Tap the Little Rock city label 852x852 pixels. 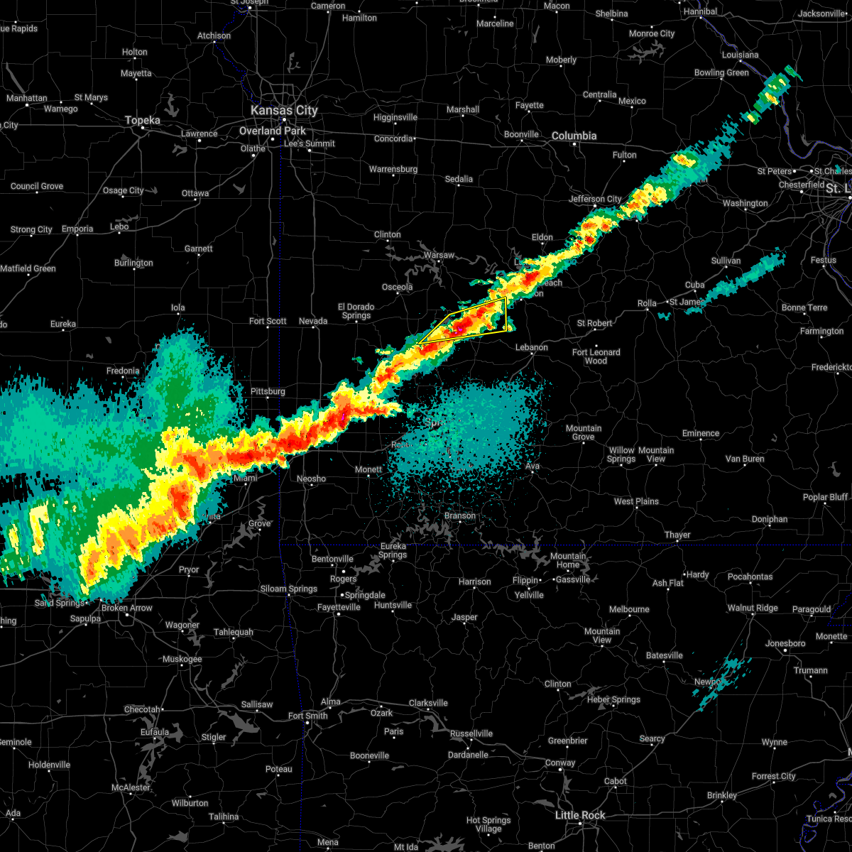pos(579,815)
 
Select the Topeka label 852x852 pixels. pos(142,121)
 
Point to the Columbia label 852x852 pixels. pos(574,136)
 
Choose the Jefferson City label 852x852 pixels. pos(595,199)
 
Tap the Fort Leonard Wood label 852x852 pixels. pos(596,356)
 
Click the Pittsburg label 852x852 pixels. pos(268,391)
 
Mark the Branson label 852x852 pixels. pos(459,516)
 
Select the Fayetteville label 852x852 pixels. pos(339,607)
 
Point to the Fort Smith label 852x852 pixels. pos(307,716)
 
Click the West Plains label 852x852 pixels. pos(636,501)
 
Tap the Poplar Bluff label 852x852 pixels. pos(825,497)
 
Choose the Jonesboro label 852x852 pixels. pos(785,643)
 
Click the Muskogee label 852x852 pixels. pos(182,660)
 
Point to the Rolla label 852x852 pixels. pos(647,303)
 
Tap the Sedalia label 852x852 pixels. pos(459,179)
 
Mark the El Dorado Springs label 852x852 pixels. pos(356,311)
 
